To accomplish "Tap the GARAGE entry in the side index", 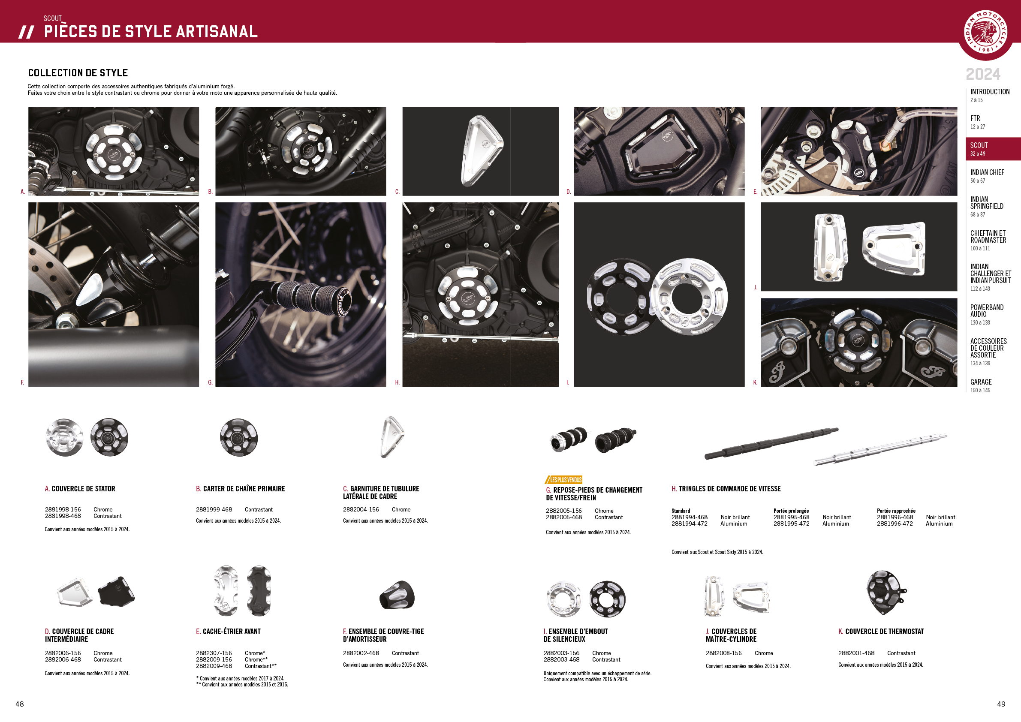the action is tap(981, 385).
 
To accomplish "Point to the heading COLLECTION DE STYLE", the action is tap(78, 73).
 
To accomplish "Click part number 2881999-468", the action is tap(214, 509).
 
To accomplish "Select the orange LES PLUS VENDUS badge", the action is tap(563, 480).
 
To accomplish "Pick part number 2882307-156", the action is tap(214, 653).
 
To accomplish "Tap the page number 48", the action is tap(20, 704).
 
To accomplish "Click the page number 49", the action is tap(1001, 704).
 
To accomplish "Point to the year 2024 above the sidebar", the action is tap(983, 74).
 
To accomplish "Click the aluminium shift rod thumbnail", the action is tap(880, 449).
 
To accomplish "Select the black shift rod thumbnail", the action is tap(771, 443).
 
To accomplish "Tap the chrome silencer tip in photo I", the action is tap(688, 297).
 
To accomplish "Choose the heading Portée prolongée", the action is tap(791, 511).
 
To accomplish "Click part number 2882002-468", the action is tap(361, 653).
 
